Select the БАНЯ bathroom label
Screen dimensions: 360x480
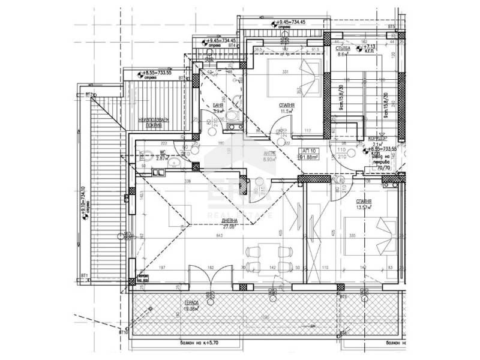[x=218, y=105]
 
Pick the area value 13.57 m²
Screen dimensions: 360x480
[x=363, y=208]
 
